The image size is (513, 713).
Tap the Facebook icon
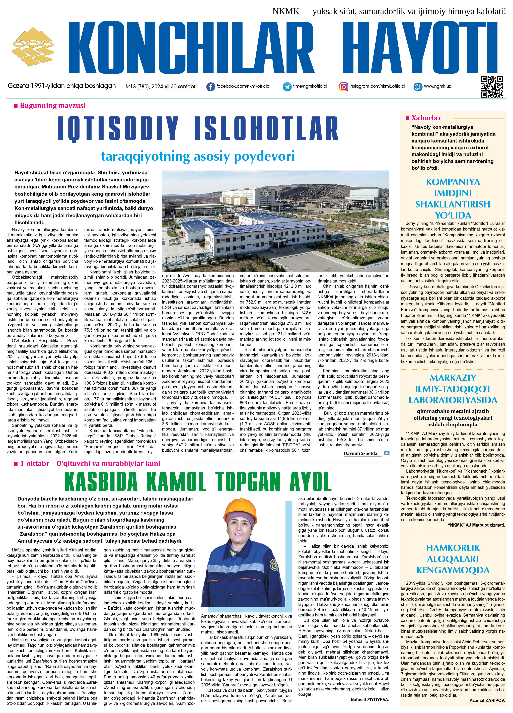click(210, 87)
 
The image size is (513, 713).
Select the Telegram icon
click(287, 87)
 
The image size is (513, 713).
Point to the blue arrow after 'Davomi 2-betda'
click(387, 453)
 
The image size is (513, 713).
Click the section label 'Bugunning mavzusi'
click(52, 106)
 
